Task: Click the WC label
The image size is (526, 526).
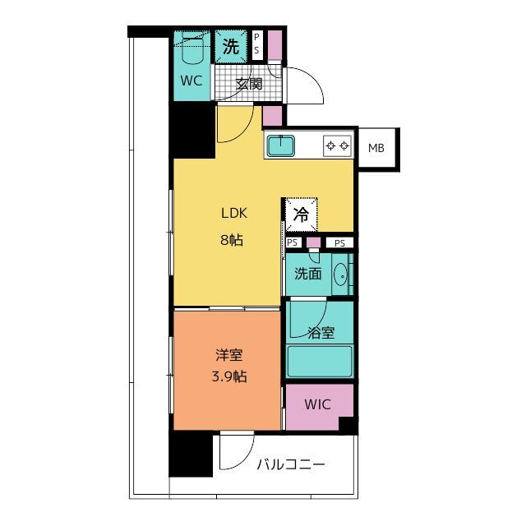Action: [191, 81]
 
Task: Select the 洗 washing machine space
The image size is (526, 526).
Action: [231, 46]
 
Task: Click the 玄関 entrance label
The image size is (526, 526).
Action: [248, 84]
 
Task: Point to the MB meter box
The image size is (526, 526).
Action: [376, 148]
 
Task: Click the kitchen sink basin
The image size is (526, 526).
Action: [281, 145]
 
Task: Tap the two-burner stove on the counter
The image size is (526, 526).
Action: [338, 146]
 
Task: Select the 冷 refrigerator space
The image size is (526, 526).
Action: [301, 215]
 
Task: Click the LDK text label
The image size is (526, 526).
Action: [233, 214]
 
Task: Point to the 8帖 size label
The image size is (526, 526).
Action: [232, 240]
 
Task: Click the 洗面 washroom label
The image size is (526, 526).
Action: [308, 274]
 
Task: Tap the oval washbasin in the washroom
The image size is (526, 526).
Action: [341, 275]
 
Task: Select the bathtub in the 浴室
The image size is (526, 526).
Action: [320, 362]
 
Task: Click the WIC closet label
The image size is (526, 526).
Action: [317, 404]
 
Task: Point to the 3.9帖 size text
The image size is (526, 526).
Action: [229, 376]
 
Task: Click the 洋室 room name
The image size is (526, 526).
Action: [229, 355]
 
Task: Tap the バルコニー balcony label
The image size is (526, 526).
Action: [291, 465]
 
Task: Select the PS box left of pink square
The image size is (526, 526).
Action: [293, 242]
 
